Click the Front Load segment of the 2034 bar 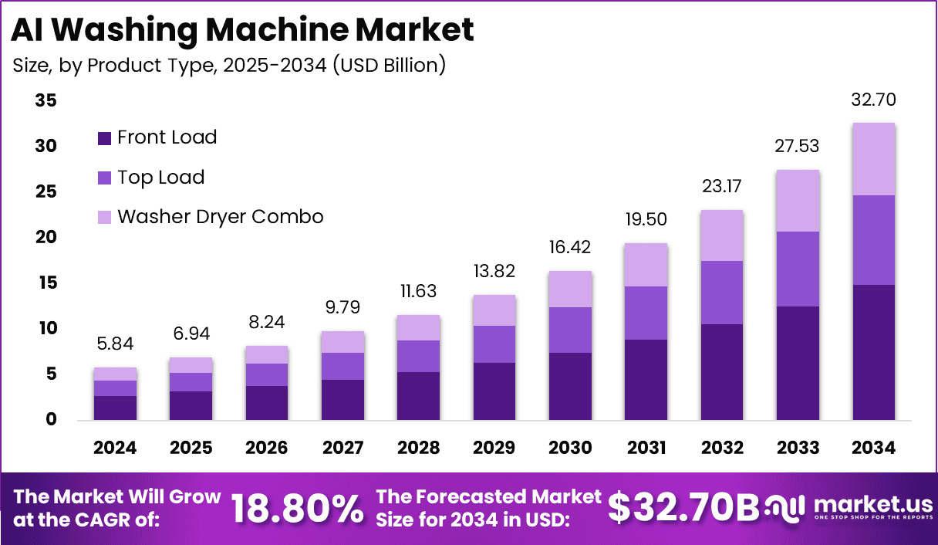click(x=873, y=352)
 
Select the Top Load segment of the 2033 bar click(x=798, y=269)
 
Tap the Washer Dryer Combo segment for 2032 click(x=722, y=235)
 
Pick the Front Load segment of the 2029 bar click(x=494, y=391)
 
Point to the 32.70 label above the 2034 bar click(x=873, y=100)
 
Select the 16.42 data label click(x=570, y=248)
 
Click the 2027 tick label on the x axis click(x=342, y=448)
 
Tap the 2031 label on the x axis click(x=646, y=448)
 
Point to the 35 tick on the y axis click(x=46, y=101)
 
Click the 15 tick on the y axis click(x=46, y=283)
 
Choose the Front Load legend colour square click(x=104, y=138)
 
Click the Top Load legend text click(x=160, y=178)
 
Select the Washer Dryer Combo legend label click(x=220, y=217)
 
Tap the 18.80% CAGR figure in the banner click(x=298, y=508)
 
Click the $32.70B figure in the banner click(x=683, y=507)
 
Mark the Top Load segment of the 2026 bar click(x=267, y=374)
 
